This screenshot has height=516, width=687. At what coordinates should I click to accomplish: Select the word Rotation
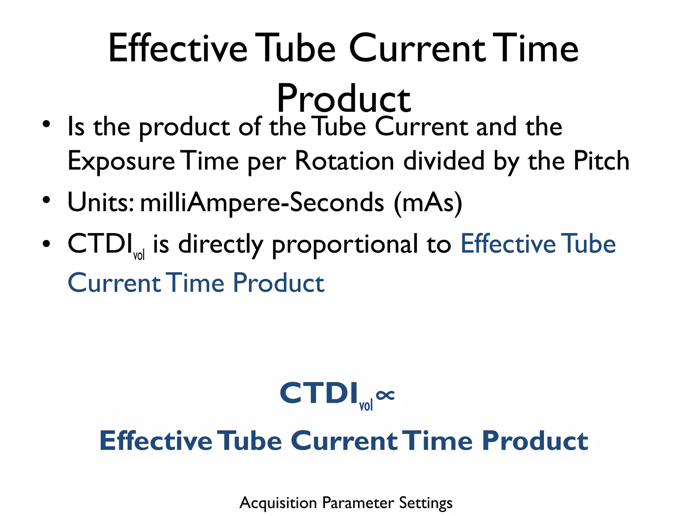point(345,161)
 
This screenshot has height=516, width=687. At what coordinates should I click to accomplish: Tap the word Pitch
point(601,161)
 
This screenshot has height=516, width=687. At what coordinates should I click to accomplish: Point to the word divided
point(444,161)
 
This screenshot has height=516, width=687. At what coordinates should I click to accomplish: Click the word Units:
point(101,202)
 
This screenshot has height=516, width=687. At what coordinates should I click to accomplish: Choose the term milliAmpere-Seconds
point(262,203)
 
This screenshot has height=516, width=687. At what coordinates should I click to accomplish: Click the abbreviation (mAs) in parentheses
point(428,203)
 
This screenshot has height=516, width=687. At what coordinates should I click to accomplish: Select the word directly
point(220,244)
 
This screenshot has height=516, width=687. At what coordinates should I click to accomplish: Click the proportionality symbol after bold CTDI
point(385,395)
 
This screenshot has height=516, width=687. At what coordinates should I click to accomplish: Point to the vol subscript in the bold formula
point(366,405)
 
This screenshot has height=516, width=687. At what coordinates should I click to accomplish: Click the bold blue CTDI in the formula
point(319,393)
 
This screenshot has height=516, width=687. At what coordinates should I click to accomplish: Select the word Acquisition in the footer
point(278,503)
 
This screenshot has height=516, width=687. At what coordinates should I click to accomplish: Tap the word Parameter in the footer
point(358,503)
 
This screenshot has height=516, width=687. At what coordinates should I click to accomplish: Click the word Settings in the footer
point(426,503)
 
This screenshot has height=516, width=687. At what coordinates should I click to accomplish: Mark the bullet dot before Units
point(46,200)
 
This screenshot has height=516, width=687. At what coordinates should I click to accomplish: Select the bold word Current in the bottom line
point(344,441)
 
